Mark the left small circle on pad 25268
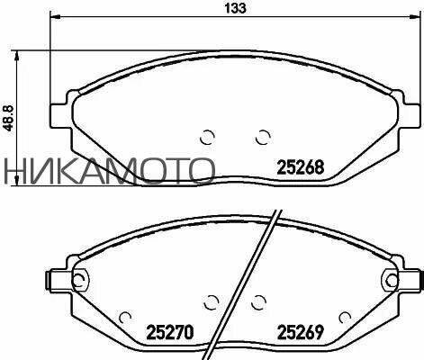[206, 137]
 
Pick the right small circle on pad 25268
[263, 137]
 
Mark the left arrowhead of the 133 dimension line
[54, 18]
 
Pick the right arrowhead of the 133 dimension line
[416, 18]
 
